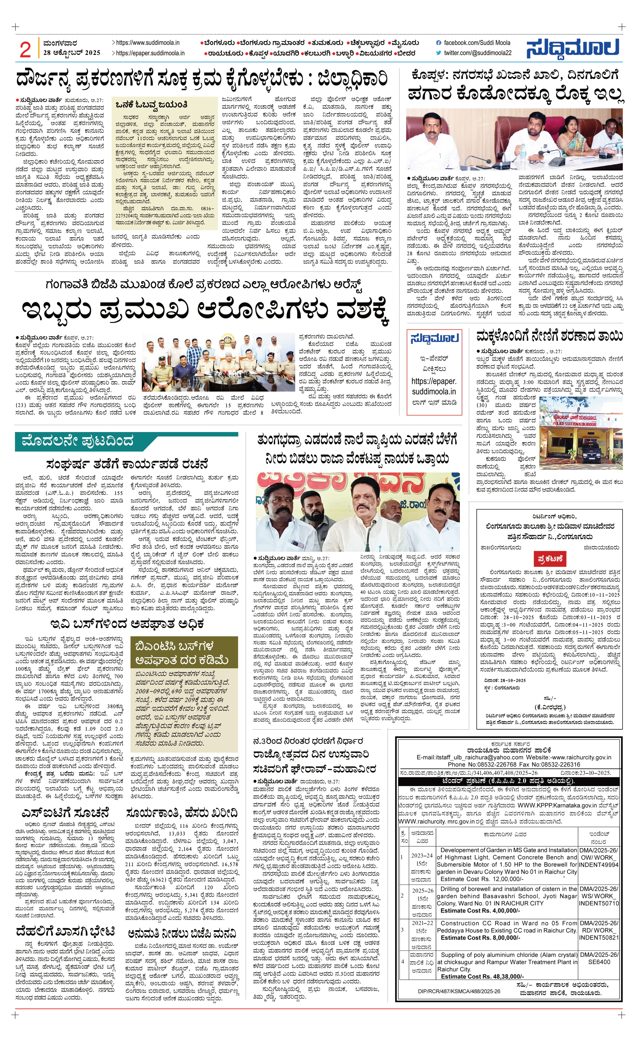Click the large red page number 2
[x=25, y=50]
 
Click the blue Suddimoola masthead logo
[x=573, y=48]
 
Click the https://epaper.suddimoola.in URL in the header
[x=150, y=53]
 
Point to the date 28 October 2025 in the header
[x=72, y=52]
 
